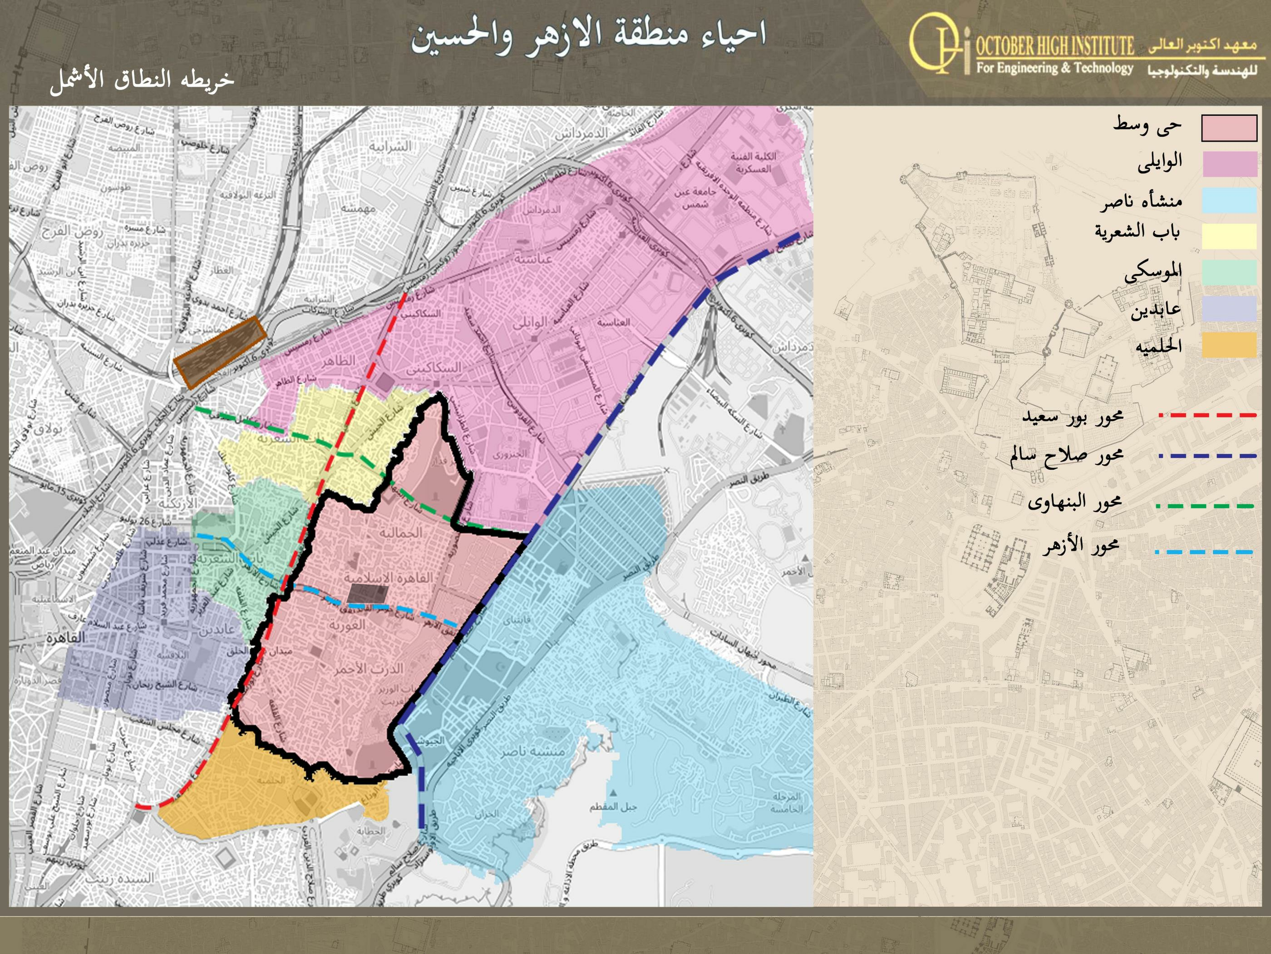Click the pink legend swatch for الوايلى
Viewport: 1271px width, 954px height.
tap(1230, 164)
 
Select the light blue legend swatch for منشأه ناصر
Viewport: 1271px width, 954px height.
tap(1230, 201)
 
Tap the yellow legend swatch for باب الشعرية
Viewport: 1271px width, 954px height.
tap(1230, 236)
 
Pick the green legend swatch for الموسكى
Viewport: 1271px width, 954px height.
tap(1230, 272)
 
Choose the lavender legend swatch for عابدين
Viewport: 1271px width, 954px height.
tap(1230, 309)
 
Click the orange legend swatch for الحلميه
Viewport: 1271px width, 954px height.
tap(1230, 345)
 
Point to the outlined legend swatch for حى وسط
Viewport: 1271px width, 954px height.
tap(1230, 128)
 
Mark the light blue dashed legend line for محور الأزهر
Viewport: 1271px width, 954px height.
tap(1204, 552)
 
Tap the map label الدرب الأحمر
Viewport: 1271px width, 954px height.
tap(369, 669)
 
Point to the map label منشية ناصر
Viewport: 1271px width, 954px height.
tap(532, 751)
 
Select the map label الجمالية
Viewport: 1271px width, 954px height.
tap(400, 533)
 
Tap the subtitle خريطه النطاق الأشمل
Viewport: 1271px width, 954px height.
tap(142, 79)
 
